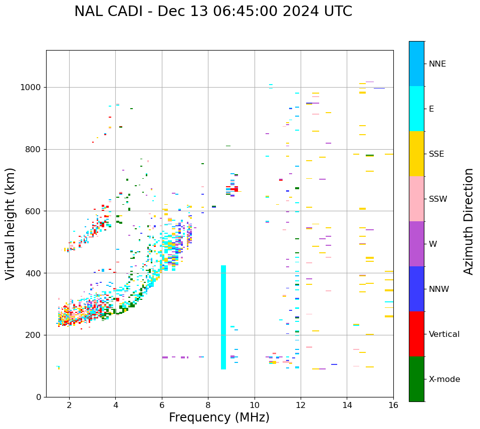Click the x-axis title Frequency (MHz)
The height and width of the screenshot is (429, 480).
[219, 417]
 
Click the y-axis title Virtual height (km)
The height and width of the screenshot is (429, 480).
[11, 224]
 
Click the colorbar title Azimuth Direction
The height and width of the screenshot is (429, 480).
[468, 221]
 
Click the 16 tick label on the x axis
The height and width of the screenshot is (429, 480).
[393, 405]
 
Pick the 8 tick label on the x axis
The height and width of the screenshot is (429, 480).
[208, 405]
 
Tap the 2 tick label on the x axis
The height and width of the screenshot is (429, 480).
[69, 405]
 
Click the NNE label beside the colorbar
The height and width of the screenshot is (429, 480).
[437, 64]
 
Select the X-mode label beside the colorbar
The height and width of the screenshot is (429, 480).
[444, 379]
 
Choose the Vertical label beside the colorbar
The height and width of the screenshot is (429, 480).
[444, 334]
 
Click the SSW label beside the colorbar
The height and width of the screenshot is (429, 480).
[437, 199]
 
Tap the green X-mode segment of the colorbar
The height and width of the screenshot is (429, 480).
[416, 379]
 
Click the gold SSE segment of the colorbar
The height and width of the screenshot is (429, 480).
[416, 154]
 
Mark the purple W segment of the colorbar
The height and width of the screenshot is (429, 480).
[416, 244]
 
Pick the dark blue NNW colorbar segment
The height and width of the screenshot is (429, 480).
[416, 289]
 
